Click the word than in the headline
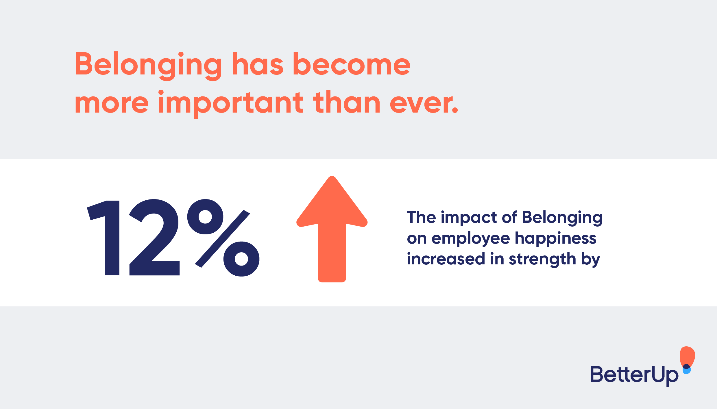point(347,102)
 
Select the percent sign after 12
point(223,238)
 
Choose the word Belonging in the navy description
point(562,218)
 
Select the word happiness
point(555,239)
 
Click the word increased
point(446,259)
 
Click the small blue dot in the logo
point(687,371)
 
